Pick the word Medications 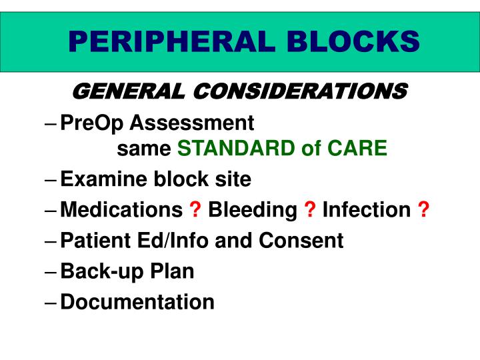121,210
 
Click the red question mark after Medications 195,210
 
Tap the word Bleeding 253,210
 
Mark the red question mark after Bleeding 310,210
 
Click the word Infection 366,210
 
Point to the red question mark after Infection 423,210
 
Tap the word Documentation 137,302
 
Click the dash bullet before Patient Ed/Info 53,241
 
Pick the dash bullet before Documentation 53,303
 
